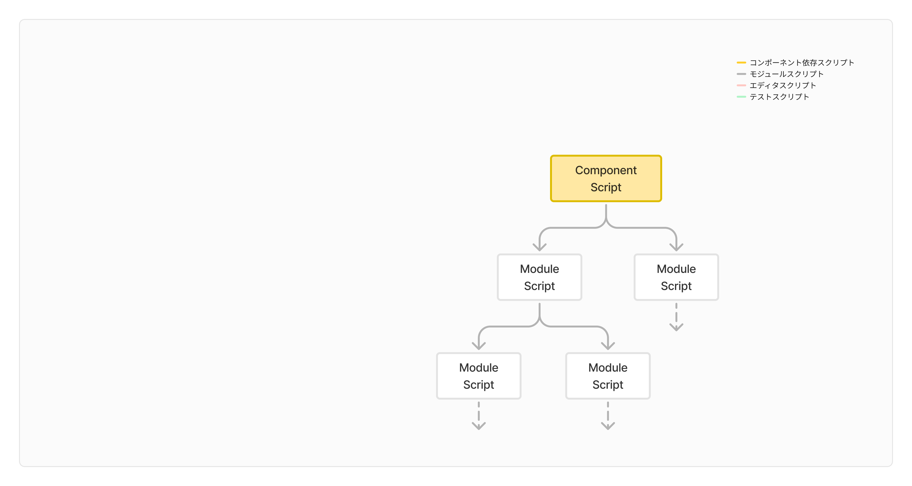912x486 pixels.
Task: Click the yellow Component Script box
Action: click(606, 179)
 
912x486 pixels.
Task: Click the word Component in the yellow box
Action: click(606, 170)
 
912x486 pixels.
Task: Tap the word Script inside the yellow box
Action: click(606, 187)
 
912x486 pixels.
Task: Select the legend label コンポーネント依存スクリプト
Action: click(802, 63)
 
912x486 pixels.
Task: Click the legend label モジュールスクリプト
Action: click(787, 74)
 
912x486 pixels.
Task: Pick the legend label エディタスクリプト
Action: click(783, 85)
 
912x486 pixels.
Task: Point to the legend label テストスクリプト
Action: click(779, 97)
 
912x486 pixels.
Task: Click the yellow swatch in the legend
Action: click(741, 63)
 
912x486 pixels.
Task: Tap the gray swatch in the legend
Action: click(741, 74)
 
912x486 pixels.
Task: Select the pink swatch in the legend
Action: click(741, 85)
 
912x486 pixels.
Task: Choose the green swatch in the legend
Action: click(741, 97)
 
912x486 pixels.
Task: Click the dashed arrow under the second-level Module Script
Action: click(676, 317)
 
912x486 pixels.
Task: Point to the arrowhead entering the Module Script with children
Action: click(539, 247)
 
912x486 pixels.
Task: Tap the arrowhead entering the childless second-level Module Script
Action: click(676, 247)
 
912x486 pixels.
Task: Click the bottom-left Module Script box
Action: click(479, 376)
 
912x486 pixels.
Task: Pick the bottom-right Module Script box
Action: click(608, 376)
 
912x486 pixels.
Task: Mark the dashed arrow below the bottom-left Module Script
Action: click(479, 416)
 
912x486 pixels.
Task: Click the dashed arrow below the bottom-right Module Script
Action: click(608, 416)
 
